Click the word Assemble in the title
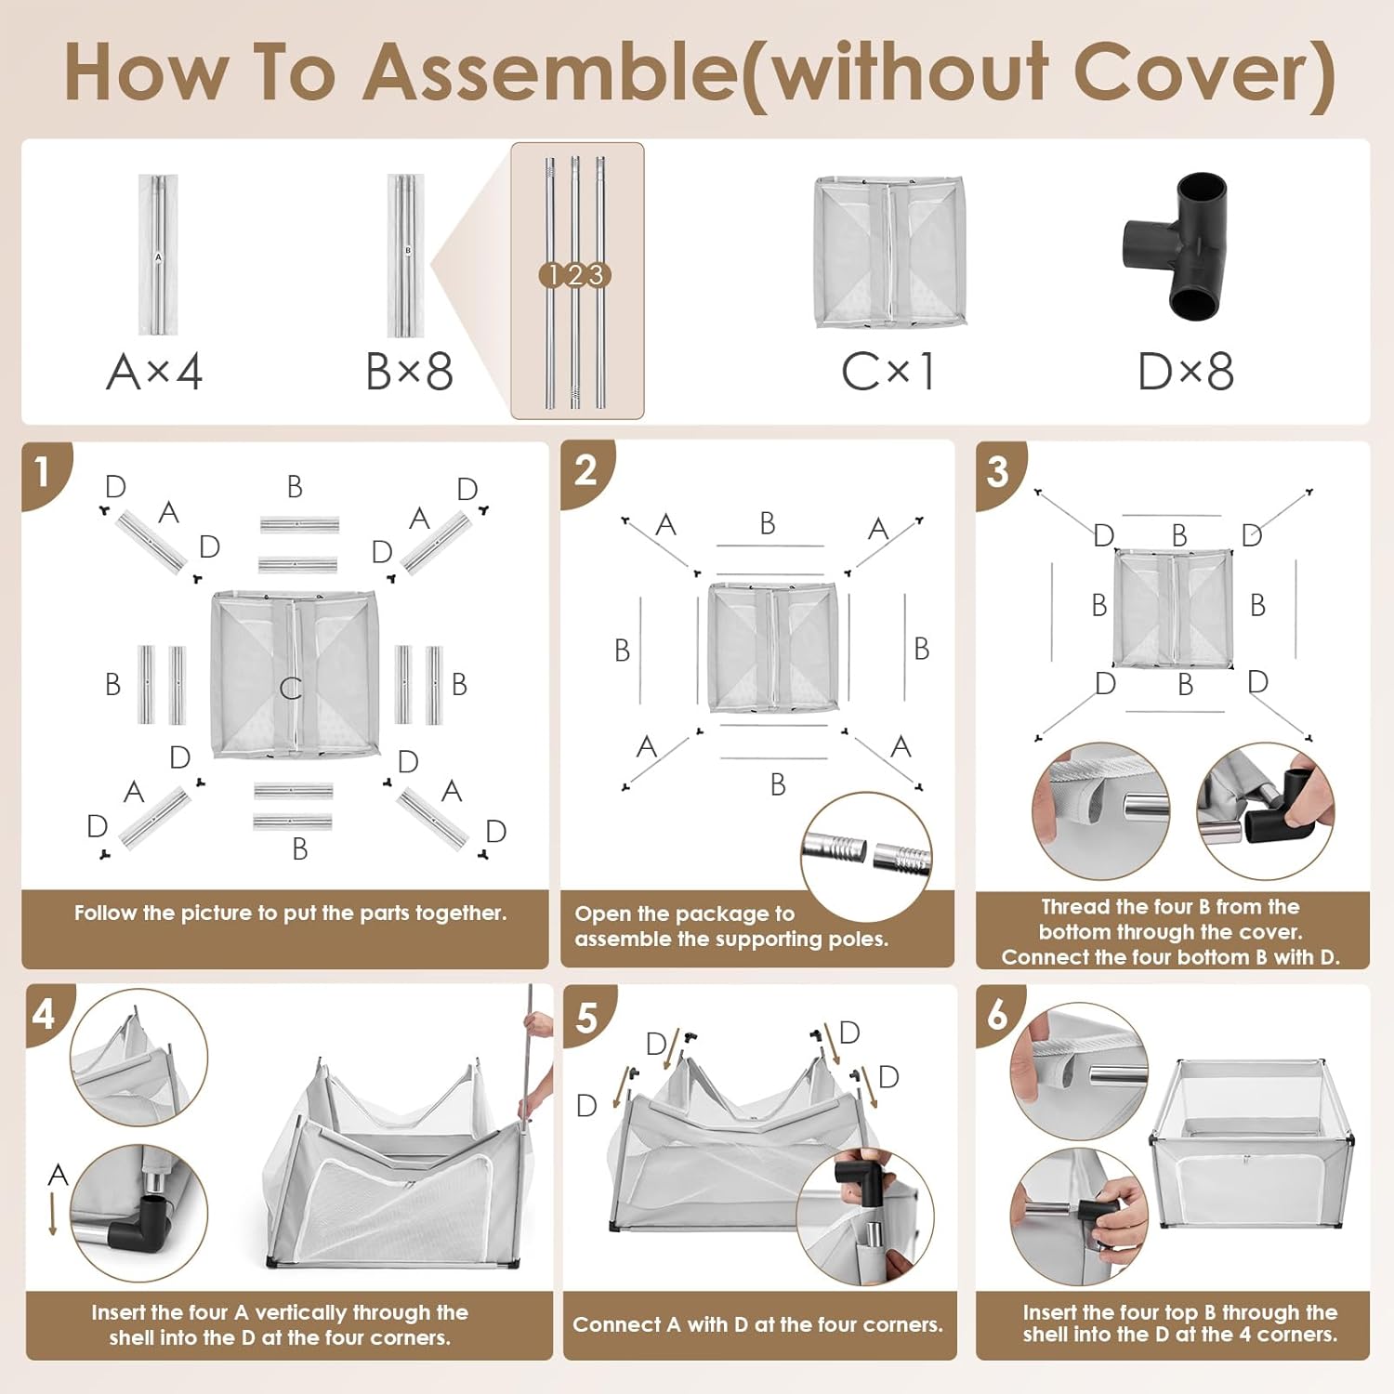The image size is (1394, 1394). coord(552,72)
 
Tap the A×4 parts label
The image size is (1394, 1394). coord(154,372)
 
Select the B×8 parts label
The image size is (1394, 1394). coord(409,372)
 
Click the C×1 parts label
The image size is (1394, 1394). coord(888,372)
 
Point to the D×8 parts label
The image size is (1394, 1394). coord(1186,372)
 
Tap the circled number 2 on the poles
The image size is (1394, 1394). coord(575,275)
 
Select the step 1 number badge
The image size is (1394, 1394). coord(44,471)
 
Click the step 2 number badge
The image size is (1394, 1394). coord(585,471)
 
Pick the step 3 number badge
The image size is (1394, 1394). coord(998,471)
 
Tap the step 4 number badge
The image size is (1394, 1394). coord(46,1014)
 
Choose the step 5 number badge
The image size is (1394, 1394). coord(587,1018)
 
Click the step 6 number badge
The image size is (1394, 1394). coord(998,1015)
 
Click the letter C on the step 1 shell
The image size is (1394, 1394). coord(291,688)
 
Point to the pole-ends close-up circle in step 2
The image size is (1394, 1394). coord(866,854)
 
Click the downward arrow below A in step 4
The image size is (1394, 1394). coord(53,1214)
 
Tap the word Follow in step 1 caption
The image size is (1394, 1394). coord(105,913)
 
